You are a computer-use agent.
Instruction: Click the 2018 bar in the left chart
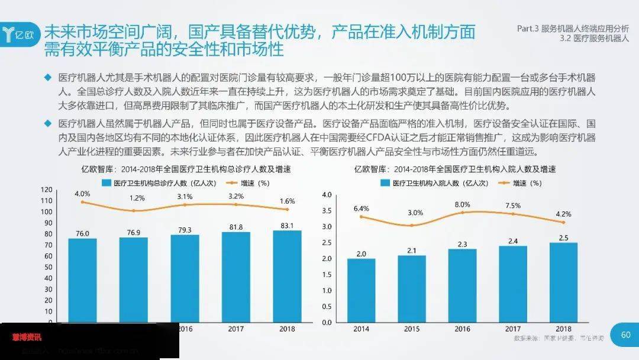pyautogui.click(x=287, y=276)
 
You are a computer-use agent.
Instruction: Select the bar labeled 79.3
pyautogui.click(x=185, y=278)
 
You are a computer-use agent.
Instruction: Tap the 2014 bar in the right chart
pyautogui.click(x=361, y=290)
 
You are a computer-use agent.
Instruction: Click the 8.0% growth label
pyautogui.click(x=463, y=204)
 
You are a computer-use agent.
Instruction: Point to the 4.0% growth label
pyautogui.click(x=82, y=194)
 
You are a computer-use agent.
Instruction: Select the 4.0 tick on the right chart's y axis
pyautogui.click(x=327, y=195)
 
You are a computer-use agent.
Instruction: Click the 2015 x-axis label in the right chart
pyautogui.click(x=412, y=329)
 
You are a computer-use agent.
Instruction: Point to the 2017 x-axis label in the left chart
pyautogui.click(x=236, y=329)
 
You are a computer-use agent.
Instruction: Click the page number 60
pyautogui.click(x=626, y=335)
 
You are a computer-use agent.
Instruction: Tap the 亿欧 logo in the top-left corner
pyautogui.click(x=21, y=33)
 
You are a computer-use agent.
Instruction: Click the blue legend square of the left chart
pyautogui.click(x=106, y=183)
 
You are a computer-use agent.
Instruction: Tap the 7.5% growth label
pyautogui.click(x=513, y=205)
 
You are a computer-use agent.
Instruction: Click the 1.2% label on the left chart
pyautogui.click(x=137, y=198)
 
